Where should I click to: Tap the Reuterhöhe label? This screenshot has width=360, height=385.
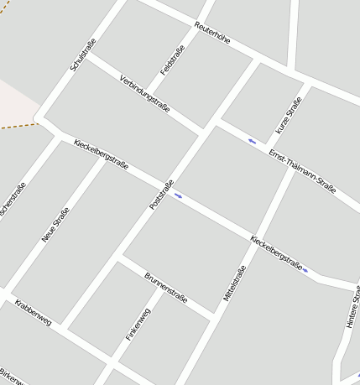(x=211, y=33)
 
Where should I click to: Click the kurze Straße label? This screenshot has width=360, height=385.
(x=289, y=116)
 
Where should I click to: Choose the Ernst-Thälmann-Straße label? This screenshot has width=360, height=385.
(x=302, y=171)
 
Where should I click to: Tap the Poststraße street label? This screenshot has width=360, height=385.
(x=160, y=195)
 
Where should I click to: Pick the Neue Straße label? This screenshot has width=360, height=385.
(x=55, y=225)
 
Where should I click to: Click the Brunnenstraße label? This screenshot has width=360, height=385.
(x=166, y=288)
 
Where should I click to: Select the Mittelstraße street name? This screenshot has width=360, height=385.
(x=234, y=284)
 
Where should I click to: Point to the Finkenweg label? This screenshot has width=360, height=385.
(x=138, y=325)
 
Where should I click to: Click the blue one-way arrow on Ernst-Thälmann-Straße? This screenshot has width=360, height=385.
(x=253, y=140)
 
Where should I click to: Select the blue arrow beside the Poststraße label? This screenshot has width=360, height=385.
(x=178, y=195)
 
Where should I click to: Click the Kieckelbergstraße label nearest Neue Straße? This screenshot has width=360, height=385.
(x=101, y=154)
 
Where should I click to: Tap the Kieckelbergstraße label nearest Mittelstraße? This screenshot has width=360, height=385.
(x=276, y=252)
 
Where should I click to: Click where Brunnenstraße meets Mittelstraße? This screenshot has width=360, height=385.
(x=216, y=315)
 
